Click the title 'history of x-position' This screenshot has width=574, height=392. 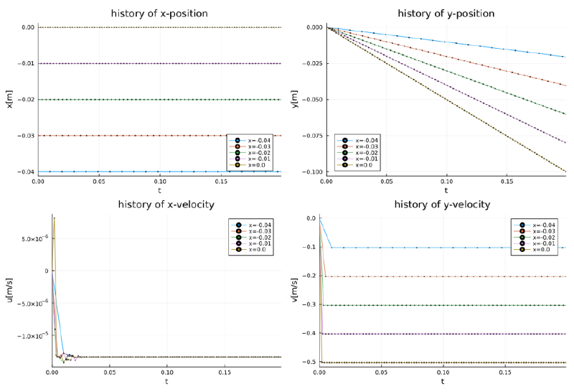[159, 13]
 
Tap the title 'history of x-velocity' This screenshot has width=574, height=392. [166, 205]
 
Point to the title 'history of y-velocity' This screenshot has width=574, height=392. [442, 205]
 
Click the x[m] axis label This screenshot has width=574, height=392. [9, 99]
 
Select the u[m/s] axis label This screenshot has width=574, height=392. [9, 291]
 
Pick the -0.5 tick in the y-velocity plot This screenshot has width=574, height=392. [311, 363]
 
